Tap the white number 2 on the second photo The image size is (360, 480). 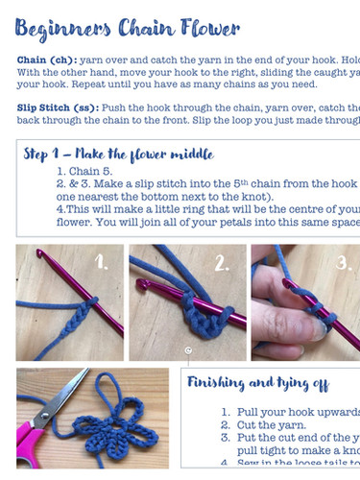(x=219, y=262)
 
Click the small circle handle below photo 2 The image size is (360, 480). (x=188, y=351)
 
